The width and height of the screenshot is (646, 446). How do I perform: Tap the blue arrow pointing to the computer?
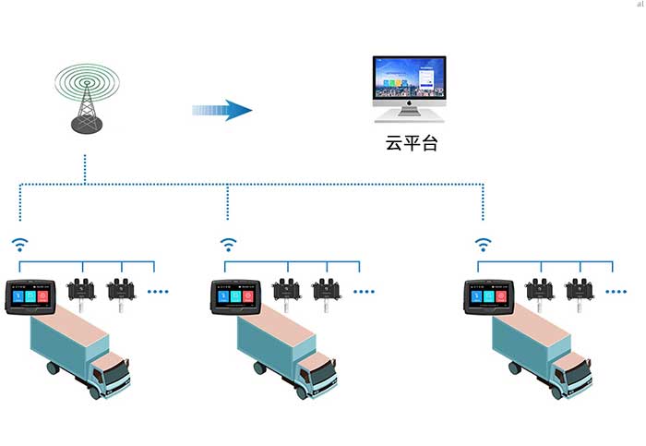click(x=222, y=111)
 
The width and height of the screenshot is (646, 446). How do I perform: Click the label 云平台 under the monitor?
click(x=409, y=143)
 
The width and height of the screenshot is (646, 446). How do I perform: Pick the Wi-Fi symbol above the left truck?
click(x=20, y=246)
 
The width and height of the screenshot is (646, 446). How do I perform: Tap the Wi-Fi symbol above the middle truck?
click(x=228, y=246)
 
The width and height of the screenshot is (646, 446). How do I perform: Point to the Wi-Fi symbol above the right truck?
click(x=483, y=246)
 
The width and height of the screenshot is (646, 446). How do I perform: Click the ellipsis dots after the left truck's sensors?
click(x=159, y=292)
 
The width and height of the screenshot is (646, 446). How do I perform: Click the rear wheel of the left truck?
click(x=54, y=368)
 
